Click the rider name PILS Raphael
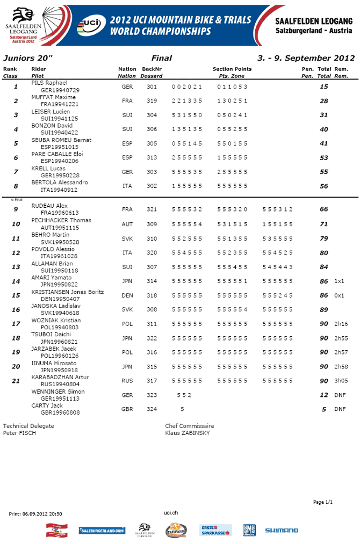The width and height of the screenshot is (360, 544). [49, 83]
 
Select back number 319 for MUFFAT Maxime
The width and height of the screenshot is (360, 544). [152, 101]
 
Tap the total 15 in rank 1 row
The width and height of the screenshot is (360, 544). [323, 87]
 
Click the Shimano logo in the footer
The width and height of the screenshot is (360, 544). [281, 531]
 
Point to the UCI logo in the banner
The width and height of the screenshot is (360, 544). [89, 24]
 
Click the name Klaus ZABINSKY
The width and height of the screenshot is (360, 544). [188, 433]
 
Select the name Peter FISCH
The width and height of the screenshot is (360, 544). [19, 433]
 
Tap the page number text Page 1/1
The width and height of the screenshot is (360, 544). [323, 502]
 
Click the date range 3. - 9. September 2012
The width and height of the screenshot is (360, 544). [306, 58]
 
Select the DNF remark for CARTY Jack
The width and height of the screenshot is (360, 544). [340, 409]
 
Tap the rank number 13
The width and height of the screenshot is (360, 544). [16, 267]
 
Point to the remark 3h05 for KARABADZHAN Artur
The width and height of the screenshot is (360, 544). [341, 381]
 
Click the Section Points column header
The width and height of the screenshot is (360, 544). [232, 69]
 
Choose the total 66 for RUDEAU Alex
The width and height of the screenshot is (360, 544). [323, 209]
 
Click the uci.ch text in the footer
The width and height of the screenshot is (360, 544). [171, 513]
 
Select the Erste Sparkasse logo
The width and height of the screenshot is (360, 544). [216, 531]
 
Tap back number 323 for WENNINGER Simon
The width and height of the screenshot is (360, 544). [152, 395]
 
